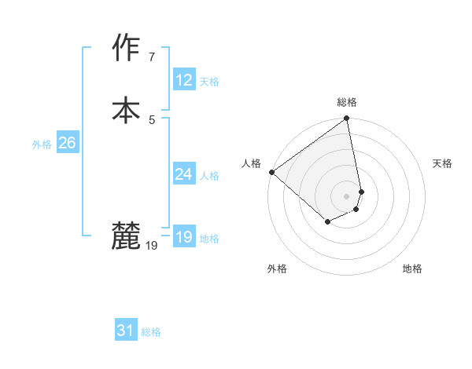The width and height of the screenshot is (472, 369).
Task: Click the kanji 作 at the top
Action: [126, 49]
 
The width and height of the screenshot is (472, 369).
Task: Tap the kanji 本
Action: [126, 108]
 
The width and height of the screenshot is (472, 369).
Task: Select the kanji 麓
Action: [126, 236]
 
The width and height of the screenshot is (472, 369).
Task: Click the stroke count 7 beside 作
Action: [151, 57]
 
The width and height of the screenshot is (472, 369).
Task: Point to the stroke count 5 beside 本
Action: [151, 119]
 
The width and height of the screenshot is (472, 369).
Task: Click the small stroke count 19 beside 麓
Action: [152, 246]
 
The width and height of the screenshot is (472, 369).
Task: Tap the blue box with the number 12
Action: [183, 80]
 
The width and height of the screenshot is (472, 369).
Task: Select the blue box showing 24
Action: [183, 174]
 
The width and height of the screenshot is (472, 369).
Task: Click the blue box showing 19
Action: [183, 237]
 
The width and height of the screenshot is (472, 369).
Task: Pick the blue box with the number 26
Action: [67, 143]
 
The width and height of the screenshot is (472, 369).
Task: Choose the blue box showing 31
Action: [126, 331]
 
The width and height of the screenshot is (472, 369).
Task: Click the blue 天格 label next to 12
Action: [209, 82]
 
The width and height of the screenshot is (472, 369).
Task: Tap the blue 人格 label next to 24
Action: [209, 176]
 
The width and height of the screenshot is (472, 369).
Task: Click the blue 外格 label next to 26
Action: [42, 144]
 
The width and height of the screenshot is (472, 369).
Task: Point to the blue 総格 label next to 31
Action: [151, 332]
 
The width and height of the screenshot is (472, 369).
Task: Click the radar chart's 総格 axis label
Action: [347, 102]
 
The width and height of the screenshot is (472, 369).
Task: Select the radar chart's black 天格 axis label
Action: [442, 163]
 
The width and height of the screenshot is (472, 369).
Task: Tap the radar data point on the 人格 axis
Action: [271, 172]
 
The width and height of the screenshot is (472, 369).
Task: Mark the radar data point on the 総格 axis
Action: [346, 119]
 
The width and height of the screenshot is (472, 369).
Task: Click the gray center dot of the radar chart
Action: [346, 195]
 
